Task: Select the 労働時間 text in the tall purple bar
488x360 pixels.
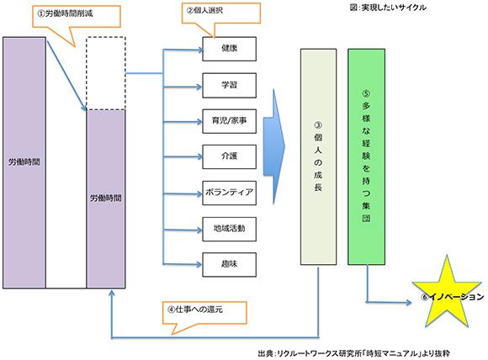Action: (x=24, y=159)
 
